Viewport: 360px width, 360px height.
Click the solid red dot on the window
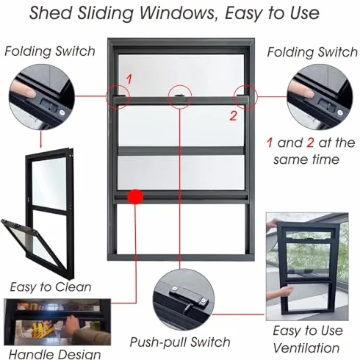[x=135, y=196]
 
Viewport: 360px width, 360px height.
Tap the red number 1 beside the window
[x=129, y=79]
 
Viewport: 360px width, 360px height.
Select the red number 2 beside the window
[x=233, y=115]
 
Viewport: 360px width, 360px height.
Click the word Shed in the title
[x=51, y=12]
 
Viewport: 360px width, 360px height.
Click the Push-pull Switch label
[x=180, y=342]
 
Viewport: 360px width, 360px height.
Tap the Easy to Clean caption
[x=51, y=287]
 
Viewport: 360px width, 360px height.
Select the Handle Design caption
[x=54, y=354]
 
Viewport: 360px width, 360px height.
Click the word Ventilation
[x=306, y=348]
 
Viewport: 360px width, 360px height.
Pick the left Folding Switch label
[x=50, y=51]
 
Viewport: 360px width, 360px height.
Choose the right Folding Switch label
[x=312, y=52]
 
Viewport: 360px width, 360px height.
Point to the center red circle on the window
[x=180, y=97]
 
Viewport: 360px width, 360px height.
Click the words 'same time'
[x=306, y=159]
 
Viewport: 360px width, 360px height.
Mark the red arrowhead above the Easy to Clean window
[x=41, y=146]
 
